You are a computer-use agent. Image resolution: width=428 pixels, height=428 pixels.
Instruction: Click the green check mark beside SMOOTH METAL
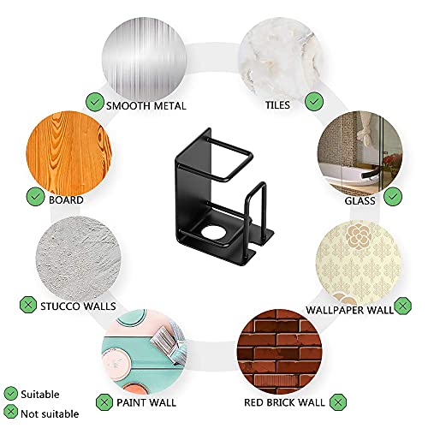click(95, 102)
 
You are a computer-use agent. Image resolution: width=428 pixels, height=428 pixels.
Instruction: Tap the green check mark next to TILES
click(314, 102)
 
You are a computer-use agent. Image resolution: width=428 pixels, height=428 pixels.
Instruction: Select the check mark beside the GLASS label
click(393, 196)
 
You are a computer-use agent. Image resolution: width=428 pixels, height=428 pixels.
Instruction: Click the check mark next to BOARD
click(35, 196)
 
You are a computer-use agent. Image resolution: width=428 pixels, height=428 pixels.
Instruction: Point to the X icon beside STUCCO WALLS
click(28, 305)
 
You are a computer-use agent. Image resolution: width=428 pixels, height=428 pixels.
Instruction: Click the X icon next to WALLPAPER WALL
click(402, 306)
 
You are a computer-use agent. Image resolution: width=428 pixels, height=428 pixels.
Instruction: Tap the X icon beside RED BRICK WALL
click(338, 402)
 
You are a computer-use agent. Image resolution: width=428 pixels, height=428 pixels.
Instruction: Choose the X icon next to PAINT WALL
click(104, 402)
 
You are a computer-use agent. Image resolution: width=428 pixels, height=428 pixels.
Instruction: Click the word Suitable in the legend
click(40, 395)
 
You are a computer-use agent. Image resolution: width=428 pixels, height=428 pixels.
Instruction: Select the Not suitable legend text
click(50, 413)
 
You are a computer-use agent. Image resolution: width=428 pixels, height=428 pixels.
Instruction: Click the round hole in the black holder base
click(212, 232)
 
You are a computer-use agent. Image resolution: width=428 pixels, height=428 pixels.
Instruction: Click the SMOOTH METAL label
click(146, 106)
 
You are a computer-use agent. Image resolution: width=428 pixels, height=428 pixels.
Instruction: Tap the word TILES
click(277, 105)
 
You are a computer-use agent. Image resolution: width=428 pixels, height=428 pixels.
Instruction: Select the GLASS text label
click(360, 201)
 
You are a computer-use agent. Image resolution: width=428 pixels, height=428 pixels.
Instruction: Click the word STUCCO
click(60, 306)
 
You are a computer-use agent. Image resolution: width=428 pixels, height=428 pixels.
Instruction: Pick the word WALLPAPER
click(331, 310)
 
